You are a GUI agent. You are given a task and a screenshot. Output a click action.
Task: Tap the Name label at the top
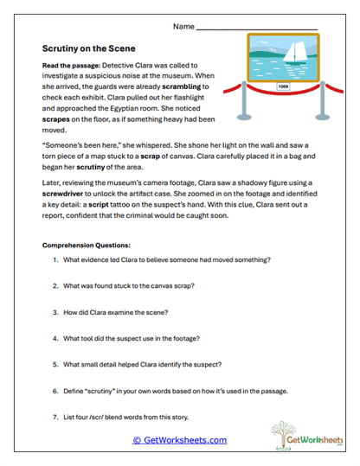pyautogui.click(x=183, y=27)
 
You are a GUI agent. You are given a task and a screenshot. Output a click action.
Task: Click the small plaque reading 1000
pyautogui.click(x=283, y=86)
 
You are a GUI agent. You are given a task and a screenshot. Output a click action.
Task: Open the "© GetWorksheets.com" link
pyautogui.click(x=179, y=440)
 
